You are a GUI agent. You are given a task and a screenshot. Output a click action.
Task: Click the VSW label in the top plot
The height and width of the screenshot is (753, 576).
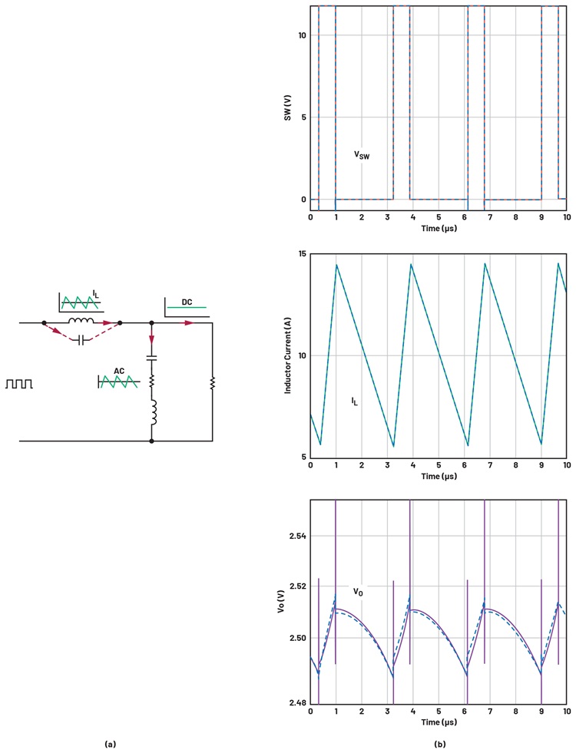coord(362,155)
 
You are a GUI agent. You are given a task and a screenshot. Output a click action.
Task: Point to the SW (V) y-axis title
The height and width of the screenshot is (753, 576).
coord(286,117)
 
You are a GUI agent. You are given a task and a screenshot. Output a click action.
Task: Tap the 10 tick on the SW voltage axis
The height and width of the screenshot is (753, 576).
coord(303,35)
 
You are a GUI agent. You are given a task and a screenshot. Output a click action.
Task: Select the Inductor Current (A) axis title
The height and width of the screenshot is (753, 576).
coord(288,355)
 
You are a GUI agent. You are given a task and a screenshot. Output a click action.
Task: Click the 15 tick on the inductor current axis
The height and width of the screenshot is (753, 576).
coord(302,254)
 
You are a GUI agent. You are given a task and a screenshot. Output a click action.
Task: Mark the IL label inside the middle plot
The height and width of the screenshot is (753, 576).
coord(355,401)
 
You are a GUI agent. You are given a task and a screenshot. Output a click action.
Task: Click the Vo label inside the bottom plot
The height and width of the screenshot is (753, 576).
coord(358,592)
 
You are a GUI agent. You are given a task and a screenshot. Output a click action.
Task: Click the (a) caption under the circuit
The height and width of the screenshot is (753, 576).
coord(110,744)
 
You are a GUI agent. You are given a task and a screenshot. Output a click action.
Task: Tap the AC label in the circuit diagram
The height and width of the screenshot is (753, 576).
coord(119,371)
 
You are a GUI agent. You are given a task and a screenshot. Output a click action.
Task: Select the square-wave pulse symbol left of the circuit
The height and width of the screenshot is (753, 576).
coord(20,383)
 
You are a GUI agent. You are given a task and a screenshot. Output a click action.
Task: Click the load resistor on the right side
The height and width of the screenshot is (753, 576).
coord(212,382)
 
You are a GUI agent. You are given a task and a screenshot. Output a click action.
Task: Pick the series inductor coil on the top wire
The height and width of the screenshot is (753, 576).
coord(81,322)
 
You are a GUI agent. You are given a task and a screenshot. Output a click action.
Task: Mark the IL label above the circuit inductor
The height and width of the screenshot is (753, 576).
coord(95,292)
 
